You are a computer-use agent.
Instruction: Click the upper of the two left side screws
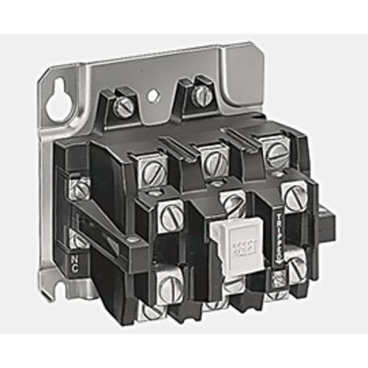point(80,188)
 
